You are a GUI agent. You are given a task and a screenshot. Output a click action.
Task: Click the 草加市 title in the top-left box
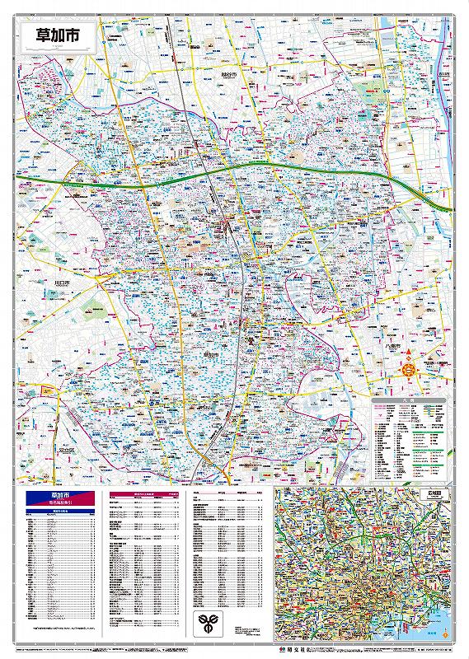pyautogui.click(x=58, y=35)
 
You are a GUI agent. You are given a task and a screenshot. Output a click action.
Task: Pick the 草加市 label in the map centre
pyautogui.click(x=210, y=352)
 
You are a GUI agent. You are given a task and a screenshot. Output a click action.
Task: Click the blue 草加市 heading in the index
pyautogui.click(x=63, y=495)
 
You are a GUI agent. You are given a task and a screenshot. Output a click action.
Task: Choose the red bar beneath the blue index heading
pyautogui.click(x=63, y=503)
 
